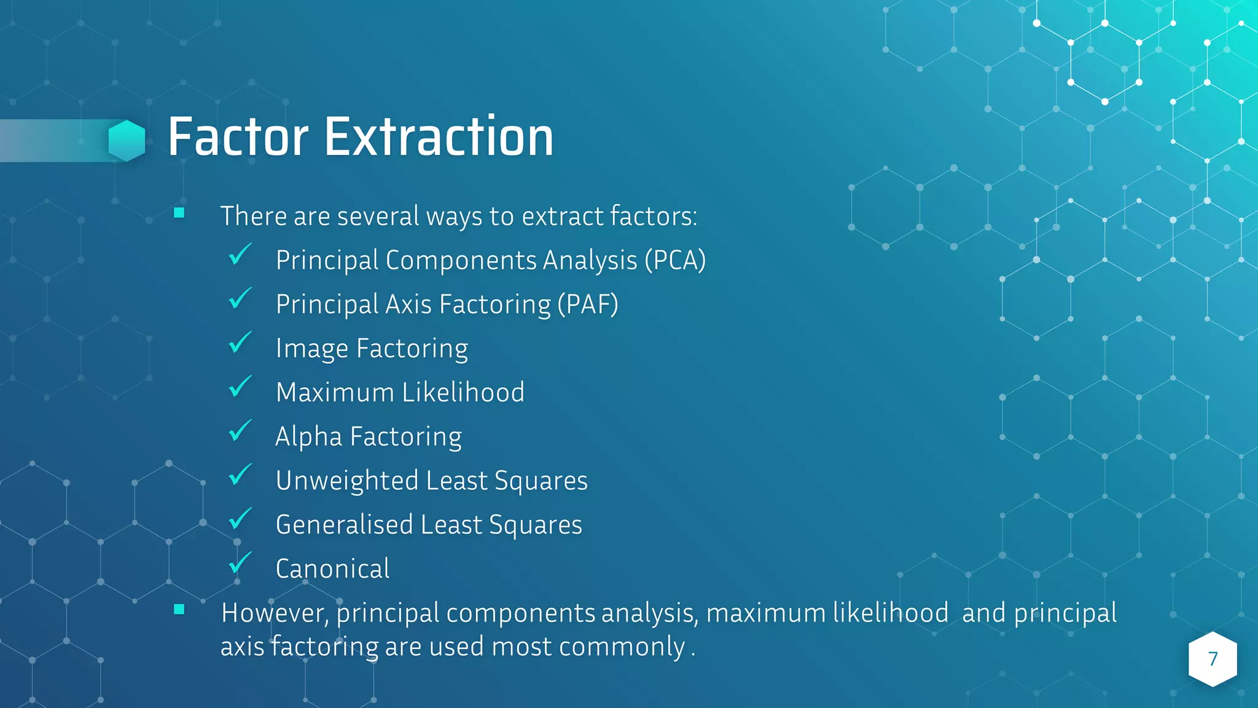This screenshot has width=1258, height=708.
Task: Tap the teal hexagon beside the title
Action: coord(127,141)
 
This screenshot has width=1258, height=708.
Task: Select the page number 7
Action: coord(1213,659)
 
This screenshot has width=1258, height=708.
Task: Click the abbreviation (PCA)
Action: coord(674,260)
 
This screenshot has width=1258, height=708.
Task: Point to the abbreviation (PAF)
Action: coord(587,304)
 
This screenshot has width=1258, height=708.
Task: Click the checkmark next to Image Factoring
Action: coord(240,343)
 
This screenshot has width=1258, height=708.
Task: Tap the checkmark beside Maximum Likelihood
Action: coord(240,387)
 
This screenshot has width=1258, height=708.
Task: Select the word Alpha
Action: coord(308,437)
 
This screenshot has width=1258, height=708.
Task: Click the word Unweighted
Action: coord(347,481)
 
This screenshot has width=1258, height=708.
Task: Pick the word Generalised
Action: coord(344,525)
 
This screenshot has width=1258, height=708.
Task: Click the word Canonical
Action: coord(332,569)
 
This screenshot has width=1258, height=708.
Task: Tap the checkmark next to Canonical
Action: coord(240,564)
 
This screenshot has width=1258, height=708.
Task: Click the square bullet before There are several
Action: coord(179,213)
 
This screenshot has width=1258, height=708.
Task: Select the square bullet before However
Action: coord(179,610)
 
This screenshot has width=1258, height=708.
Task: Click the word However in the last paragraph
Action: coord(275,613)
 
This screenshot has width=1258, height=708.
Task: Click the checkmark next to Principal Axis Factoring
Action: coord(240,299)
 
